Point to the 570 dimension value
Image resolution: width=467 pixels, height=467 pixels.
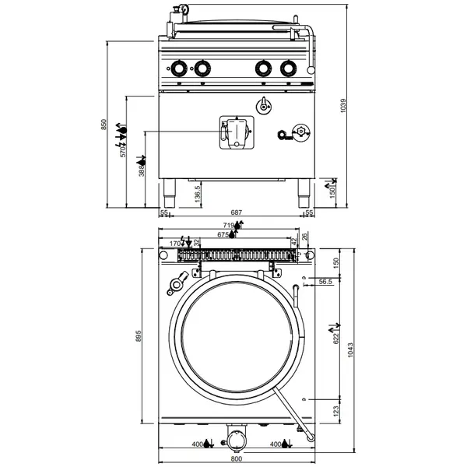point(123,153)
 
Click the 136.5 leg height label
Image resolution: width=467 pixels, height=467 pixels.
point(198,193)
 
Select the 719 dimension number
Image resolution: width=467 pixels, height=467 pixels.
point(228,225)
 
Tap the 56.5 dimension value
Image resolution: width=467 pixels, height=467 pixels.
point(325,283)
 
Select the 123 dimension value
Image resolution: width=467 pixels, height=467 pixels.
point(336,410)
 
